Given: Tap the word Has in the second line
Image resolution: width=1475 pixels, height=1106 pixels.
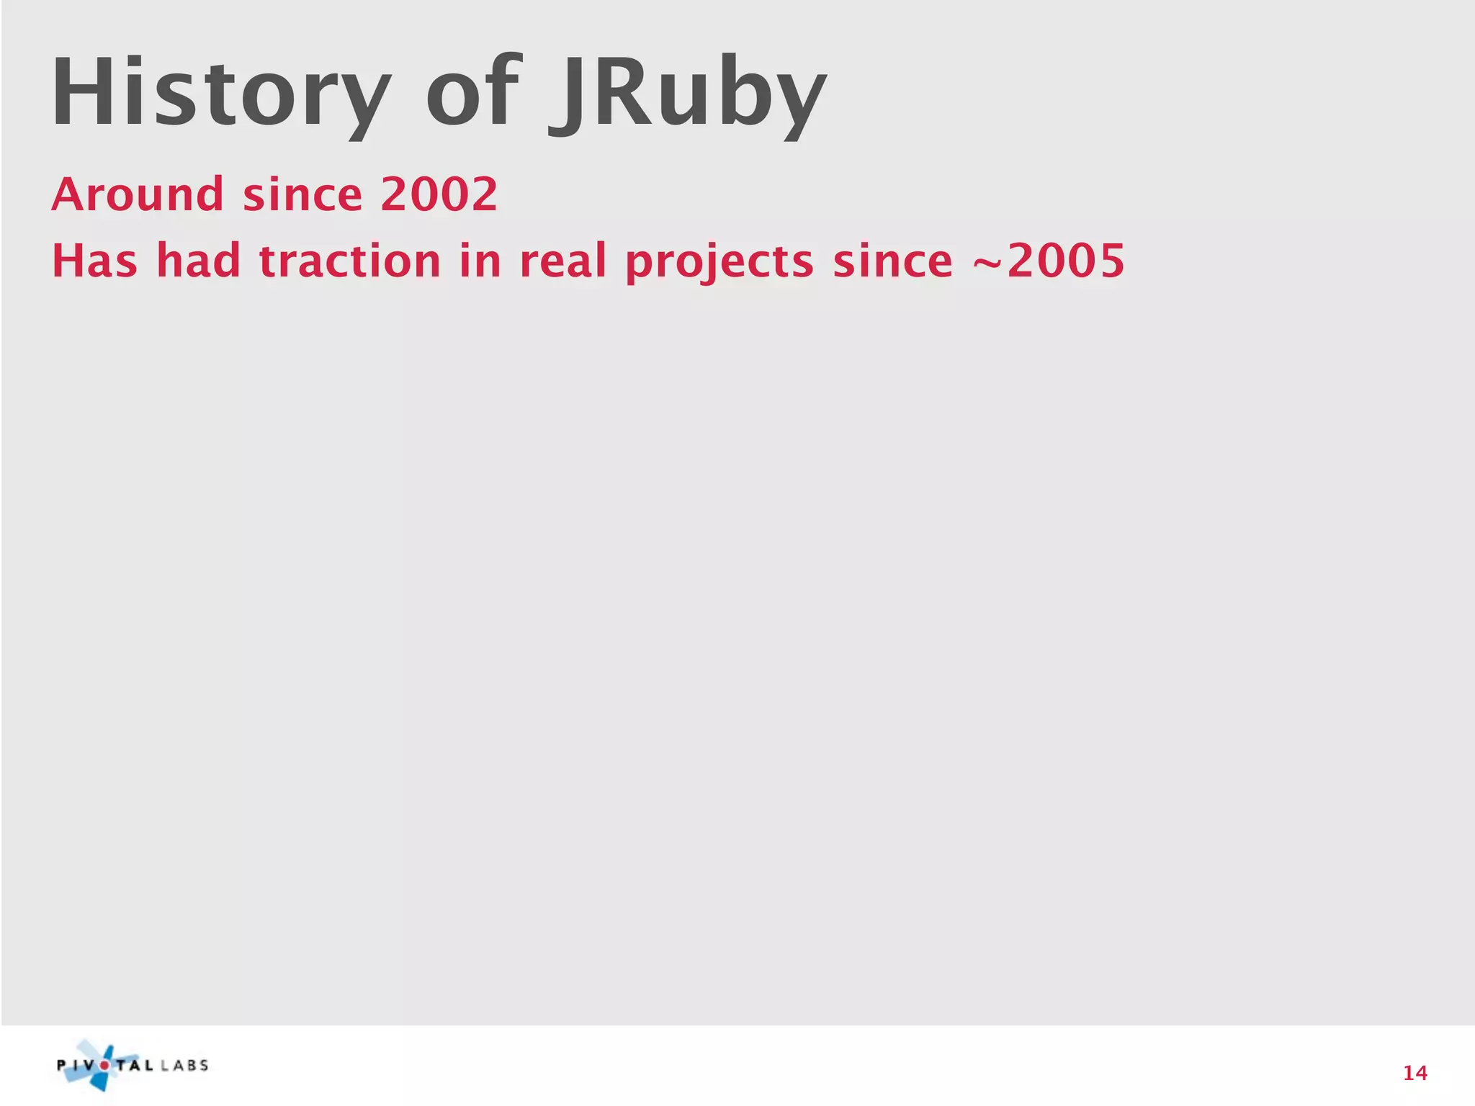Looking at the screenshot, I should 94,261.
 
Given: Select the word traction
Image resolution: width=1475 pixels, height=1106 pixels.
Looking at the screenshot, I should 349,261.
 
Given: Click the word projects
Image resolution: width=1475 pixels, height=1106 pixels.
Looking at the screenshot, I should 719,262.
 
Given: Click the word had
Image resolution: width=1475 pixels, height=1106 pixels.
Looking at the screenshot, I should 198,261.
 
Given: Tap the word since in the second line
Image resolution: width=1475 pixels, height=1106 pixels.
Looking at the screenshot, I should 892,261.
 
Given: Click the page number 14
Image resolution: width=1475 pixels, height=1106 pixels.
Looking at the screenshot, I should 1415,1074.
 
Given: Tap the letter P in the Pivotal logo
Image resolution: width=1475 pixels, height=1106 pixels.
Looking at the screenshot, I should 63,1066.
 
